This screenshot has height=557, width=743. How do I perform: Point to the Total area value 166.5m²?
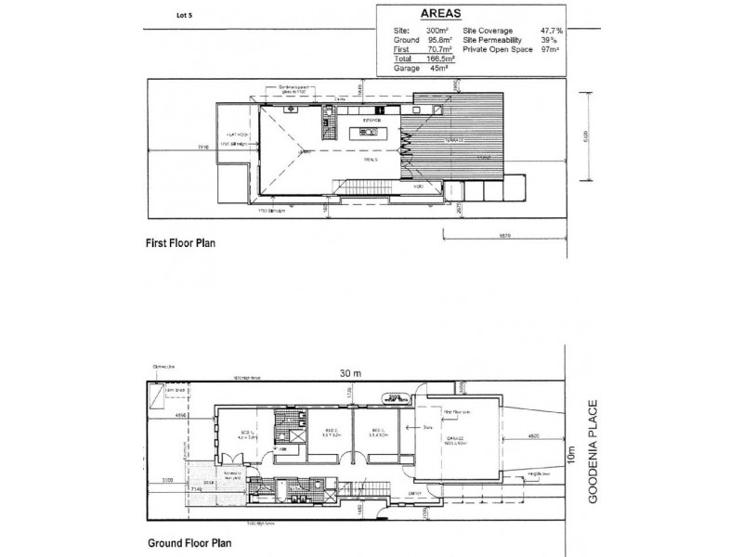coord(438,58)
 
